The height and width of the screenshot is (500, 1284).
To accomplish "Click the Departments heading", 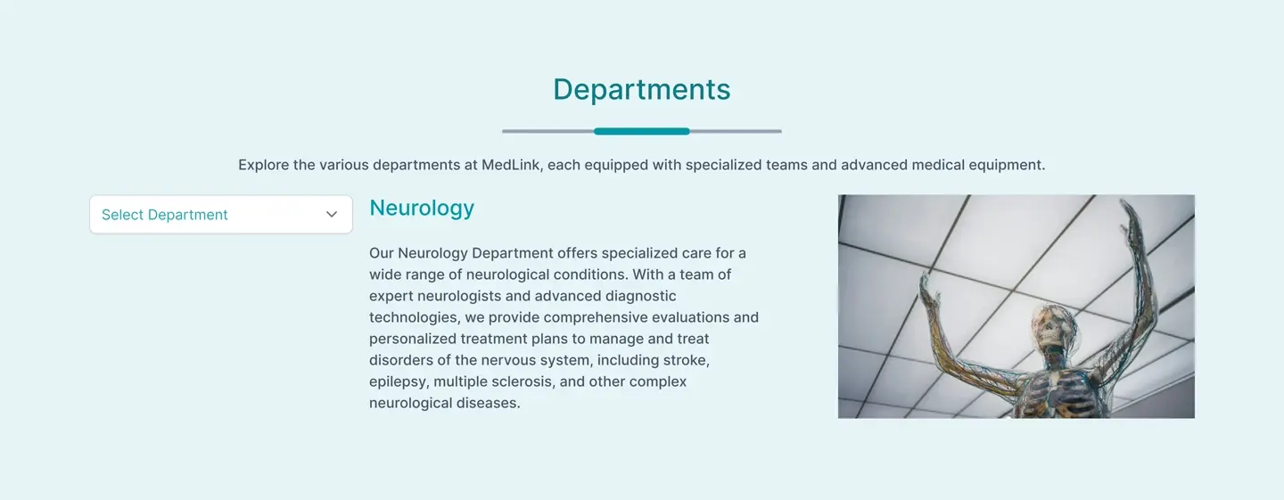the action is click(641, 89).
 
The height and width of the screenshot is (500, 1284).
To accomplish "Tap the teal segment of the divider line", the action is click(641, 131).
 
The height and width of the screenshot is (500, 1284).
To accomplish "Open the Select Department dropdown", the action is click(221, 214).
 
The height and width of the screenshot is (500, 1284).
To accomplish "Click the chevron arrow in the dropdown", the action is click(332, 214).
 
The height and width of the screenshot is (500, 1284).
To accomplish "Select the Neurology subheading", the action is click(422, 208).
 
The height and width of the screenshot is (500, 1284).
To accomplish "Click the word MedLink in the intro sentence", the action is click(510, 165).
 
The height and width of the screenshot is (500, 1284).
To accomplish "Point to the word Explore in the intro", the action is click(264, 165).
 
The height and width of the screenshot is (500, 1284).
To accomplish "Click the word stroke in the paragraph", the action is click(687, 360).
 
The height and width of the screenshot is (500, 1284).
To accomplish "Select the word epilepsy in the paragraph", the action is click(399, 382).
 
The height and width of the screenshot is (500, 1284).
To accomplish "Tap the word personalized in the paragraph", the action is click(413, 339).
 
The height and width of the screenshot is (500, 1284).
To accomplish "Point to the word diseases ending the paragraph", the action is click(488, 403).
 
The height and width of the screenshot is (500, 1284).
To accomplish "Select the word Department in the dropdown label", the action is click(187, 215).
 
